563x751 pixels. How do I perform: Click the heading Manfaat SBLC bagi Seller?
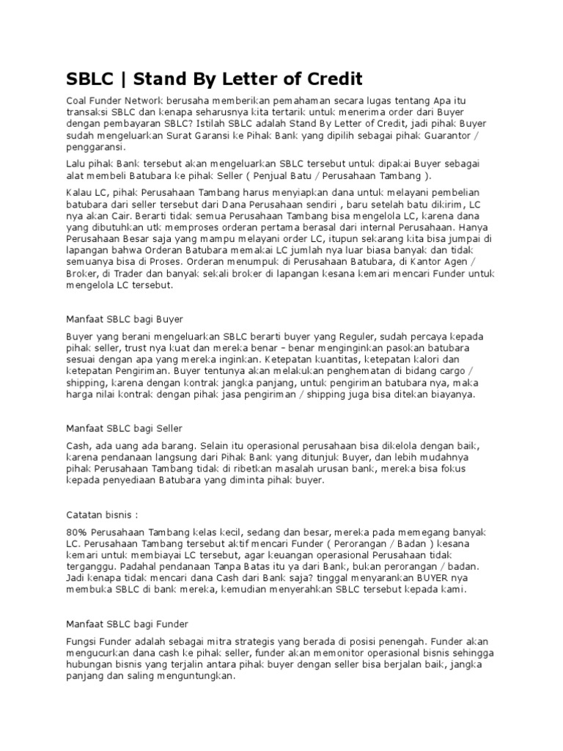pyautogui.click(x=124, y=427)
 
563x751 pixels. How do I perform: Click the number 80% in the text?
pyautogui.click(x=78, y=531)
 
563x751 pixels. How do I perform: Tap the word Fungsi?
pyautogui.click(x=81, y=641)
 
